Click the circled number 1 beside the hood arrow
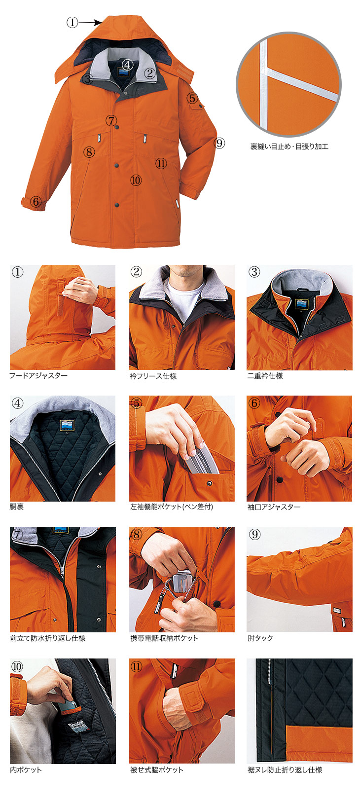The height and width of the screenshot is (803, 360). pos(72,23)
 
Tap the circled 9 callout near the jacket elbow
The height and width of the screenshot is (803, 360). pos(219,144)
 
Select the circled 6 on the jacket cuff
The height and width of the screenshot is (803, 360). pos(36,202)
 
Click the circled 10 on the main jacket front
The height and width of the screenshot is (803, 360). pos(136,180)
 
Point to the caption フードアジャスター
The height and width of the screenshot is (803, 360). pos(38,376)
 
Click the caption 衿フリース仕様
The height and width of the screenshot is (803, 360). pos(153,376)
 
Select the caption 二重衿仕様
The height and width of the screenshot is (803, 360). pos(265,376)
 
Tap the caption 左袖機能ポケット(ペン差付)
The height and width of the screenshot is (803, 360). pos(172,507)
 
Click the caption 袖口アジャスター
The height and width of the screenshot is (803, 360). pos(274,507)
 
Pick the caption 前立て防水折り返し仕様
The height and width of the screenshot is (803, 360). pos(48,638)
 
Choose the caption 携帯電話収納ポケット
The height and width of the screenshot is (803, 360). pos(164,638)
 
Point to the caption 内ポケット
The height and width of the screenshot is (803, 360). pos(26,769)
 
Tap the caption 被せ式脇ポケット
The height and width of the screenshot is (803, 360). pos(157,769)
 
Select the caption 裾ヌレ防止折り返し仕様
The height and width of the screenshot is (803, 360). pos(285,769)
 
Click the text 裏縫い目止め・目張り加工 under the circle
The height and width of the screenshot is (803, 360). pos(289,146)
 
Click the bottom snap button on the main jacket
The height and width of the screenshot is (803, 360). pos(117,205)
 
